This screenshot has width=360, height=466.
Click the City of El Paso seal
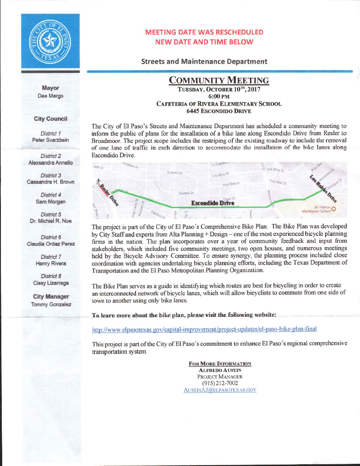[50, 42]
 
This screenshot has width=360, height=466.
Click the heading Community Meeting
[219, 80]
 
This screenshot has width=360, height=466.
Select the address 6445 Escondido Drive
[219, 110]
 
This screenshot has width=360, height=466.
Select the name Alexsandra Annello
[51, 163]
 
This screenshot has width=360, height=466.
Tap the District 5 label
[51, 214]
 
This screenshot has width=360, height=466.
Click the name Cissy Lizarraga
[51, 283]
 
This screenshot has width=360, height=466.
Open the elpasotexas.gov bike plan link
[204, 329]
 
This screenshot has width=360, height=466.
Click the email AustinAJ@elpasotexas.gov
[220, 390]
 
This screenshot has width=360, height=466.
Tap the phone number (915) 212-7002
[220, 383]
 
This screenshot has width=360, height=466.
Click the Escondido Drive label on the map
[212, 203]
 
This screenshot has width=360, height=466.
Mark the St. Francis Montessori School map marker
[333, 208]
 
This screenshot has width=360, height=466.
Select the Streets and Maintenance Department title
[204, 61]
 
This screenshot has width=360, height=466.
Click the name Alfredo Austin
[220, 370]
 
